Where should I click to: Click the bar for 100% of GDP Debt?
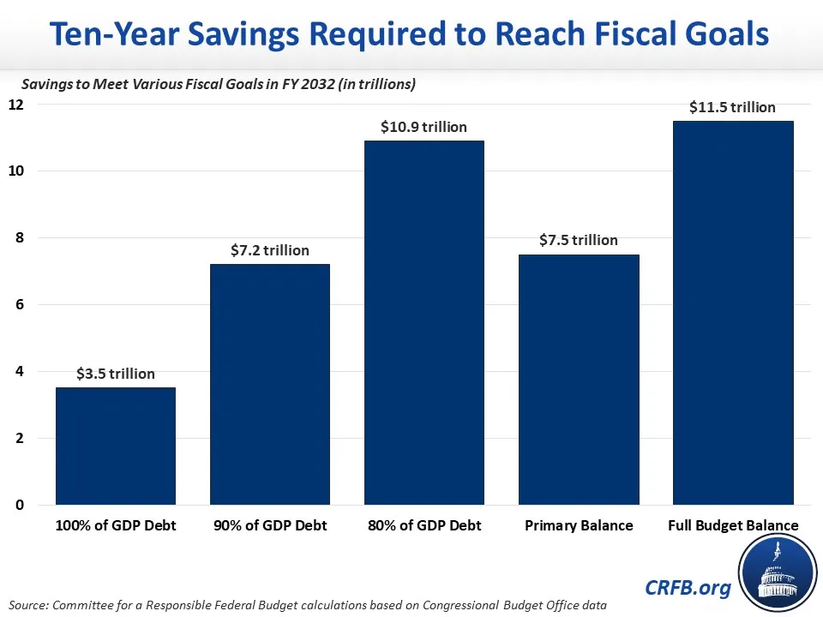click(x=116, y=446)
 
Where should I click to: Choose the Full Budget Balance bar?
click(x=733, y=313)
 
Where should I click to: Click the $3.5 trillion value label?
click(x=116, y=374)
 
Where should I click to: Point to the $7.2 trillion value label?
click(x=270, y=250)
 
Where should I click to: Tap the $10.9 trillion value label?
click(x=424, y=127)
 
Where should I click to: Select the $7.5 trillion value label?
click(x=579, y=240)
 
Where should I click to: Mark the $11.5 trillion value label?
click(x=733, y=107)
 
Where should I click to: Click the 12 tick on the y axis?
click(x=16, y=105)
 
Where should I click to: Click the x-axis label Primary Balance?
click(x=579, y=525)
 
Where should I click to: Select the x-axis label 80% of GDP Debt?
click(x=424, y=525)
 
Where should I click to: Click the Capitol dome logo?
click(x=778, y=572)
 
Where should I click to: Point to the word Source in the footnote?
click(x=31, y=605)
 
